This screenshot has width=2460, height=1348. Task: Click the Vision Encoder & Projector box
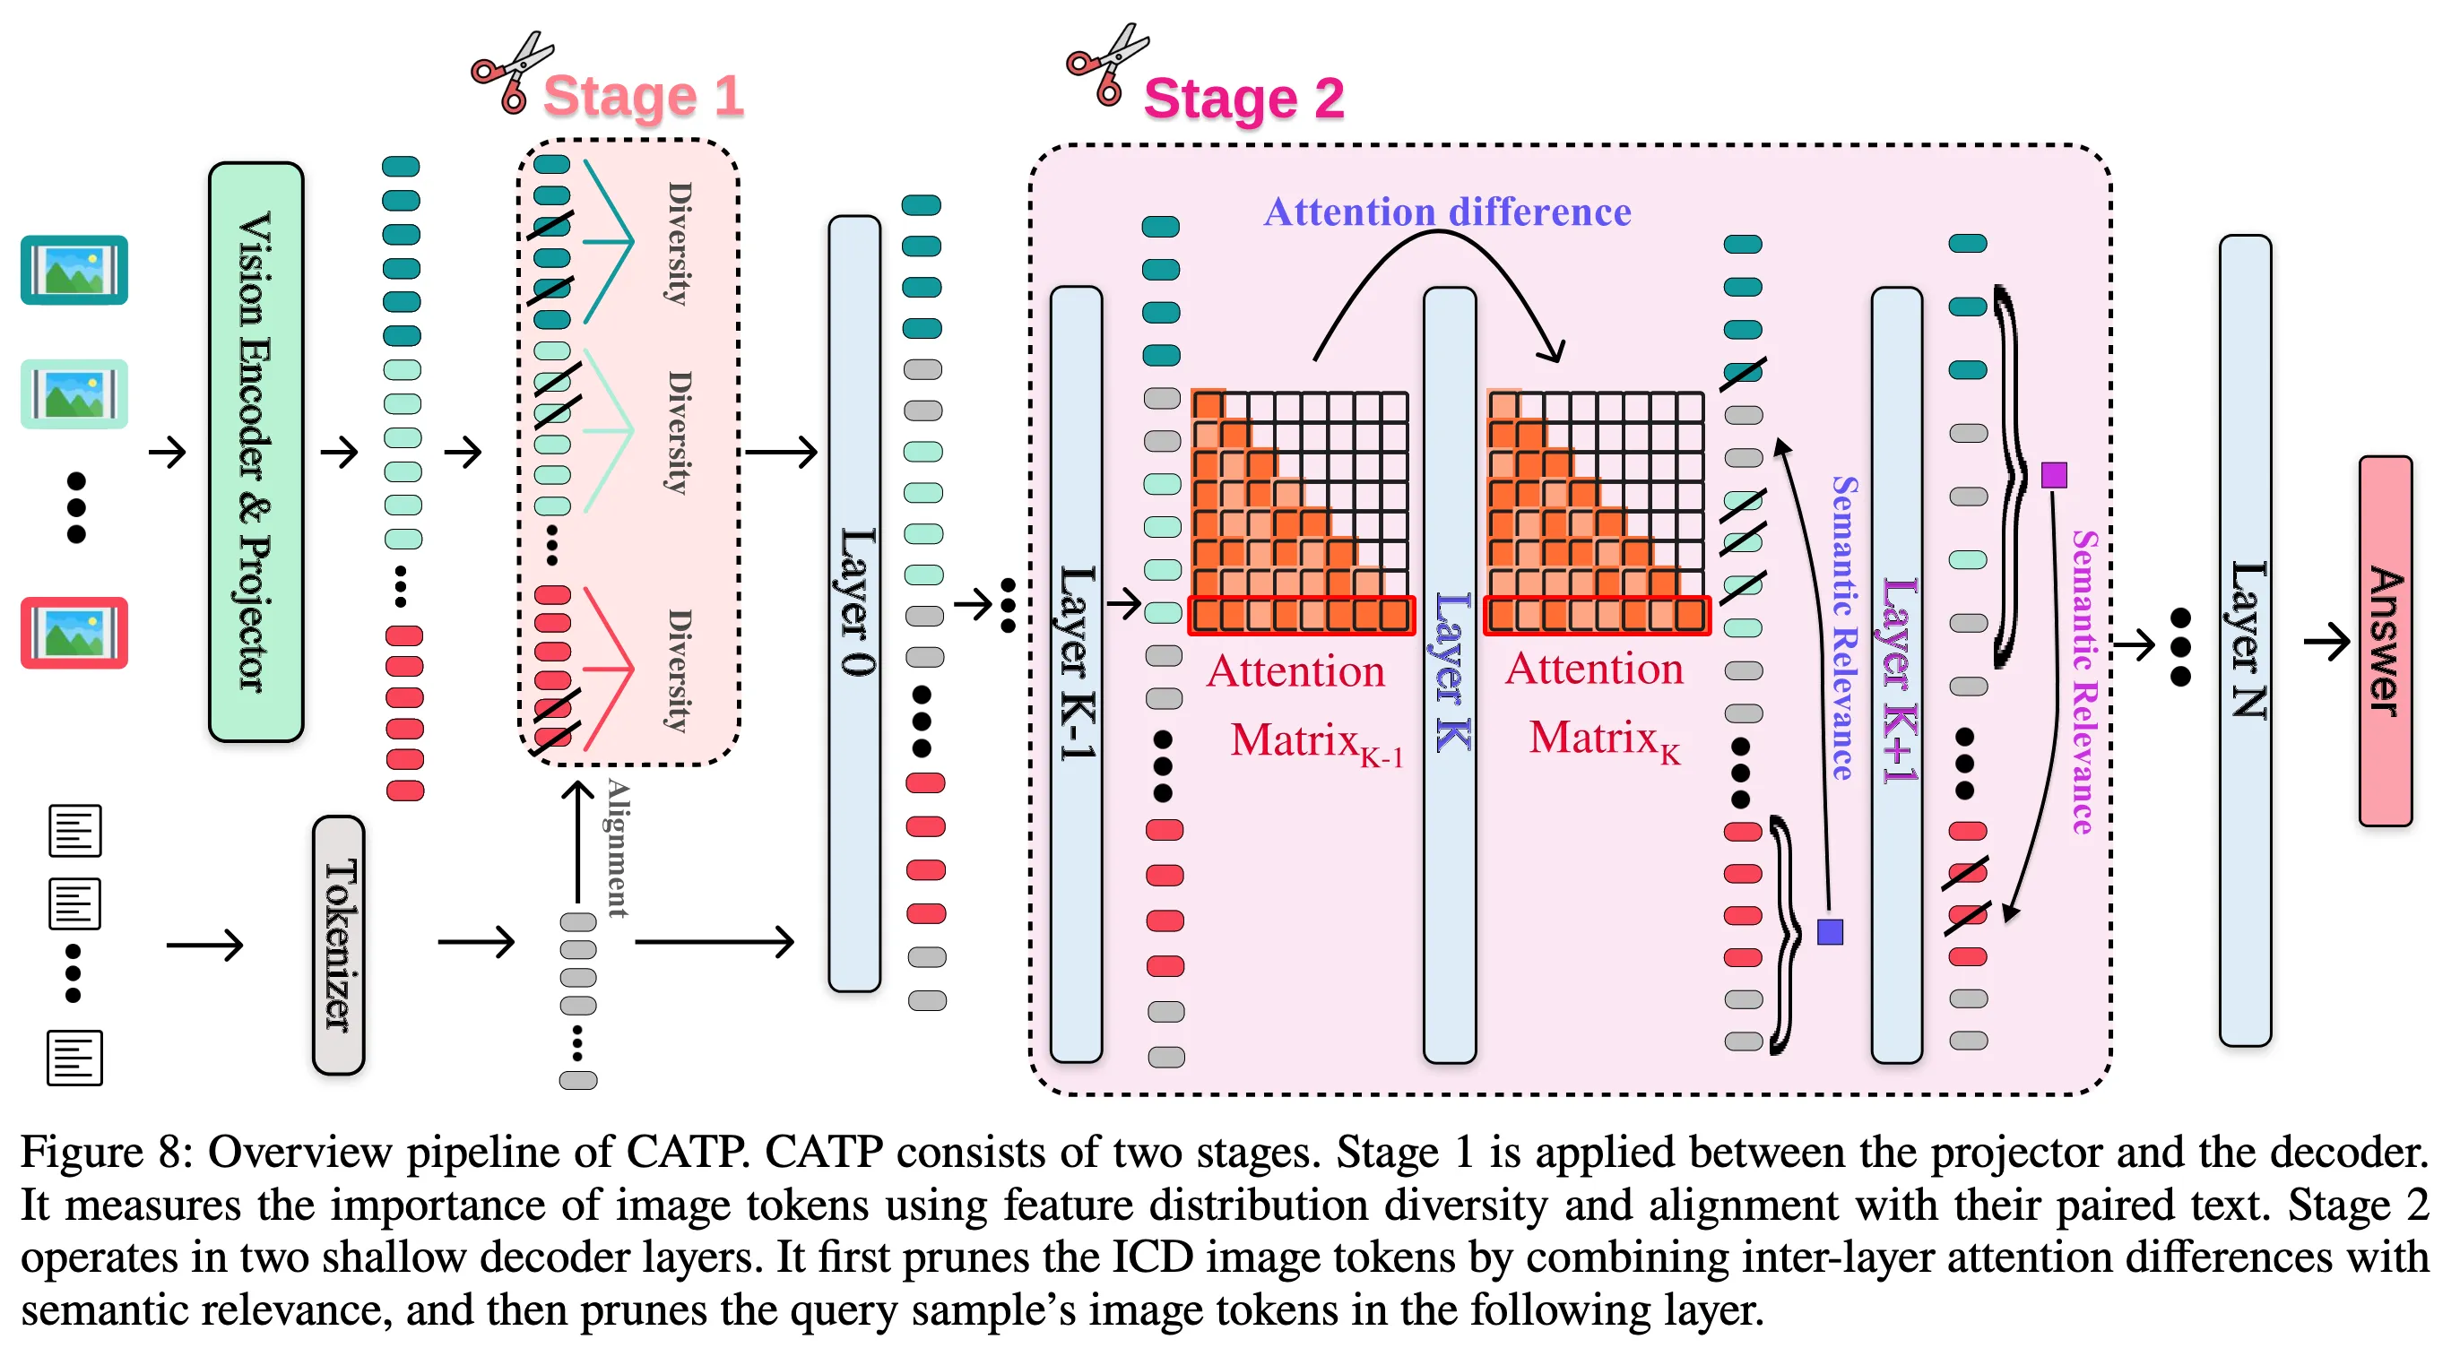[256, 452]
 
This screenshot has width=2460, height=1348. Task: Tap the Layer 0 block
[854, 603]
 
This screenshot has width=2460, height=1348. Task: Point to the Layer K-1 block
[1076, 674]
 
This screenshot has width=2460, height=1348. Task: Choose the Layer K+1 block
[1897, 674]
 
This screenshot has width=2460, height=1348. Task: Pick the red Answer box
[2385, 641]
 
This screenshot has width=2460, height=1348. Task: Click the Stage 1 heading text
[643, 97]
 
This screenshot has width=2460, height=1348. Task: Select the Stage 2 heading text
[1243, 99]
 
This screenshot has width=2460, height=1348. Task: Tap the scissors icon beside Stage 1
[512, 73]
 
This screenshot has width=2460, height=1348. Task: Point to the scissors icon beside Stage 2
[1108, 65]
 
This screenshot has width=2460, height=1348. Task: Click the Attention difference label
[1447, 212]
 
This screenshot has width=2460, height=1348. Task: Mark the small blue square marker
[1830, 932]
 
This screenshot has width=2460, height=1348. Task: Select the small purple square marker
[2054, 474]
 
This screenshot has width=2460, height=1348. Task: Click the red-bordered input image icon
[74, 633]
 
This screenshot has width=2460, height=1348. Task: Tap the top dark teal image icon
[74, 270]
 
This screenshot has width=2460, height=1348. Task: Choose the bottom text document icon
[74, 1058]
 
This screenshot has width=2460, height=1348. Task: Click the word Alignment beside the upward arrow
[619, 848]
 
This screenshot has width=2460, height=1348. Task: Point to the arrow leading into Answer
[2326, 641]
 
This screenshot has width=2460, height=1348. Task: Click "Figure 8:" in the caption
[107, 1153]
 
